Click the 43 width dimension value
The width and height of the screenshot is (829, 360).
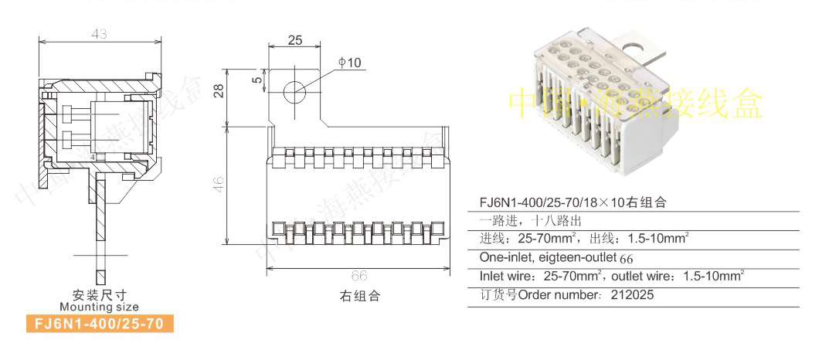[98, 35]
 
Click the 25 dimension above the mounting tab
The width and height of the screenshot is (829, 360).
[294, 40]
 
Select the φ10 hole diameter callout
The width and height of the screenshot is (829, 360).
[349, 63]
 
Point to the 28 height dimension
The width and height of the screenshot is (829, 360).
[219, 91]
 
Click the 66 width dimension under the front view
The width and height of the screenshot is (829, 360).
[358, 276]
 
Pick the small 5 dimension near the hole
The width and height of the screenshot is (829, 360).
[256, 78]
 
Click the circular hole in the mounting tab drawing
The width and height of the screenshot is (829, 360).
[294, 90]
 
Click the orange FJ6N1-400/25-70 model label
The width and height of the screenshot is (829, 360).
[99, 324]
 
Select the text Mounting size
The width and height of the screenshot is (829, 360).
[99, 307]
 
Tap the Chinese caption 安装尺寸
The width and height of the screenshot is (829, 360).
[99, 295]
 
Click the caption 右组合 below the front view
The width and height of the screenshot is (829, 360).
[360, 296]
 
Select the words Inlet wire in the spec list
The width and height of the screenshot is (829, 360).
[507, 276]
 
